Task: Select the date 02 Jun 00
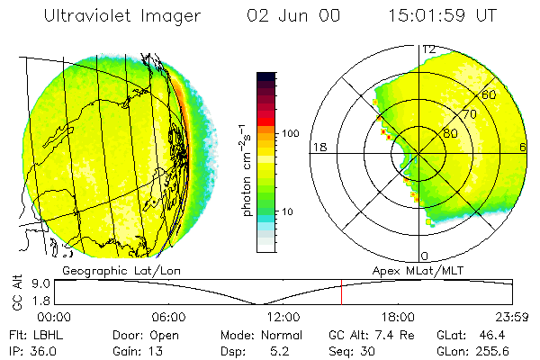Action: (286, 15)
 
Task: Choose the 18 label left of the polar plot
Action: (318, 148)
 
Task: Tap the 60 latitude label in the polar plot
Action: (490, 94)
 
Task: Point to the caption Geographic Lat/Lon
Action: (112, 270)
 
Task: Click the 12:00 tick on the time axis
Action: (283, 317)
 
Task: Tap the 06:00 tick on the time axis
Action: (169, 317)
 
